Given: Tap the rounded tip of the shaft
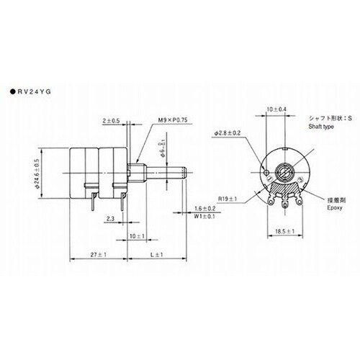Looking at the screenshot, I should tap(184, 174).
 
